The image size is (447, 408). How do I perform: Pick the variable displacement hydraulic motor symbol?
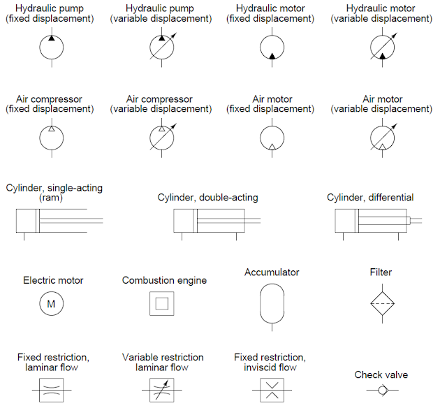click(x=382, y=48)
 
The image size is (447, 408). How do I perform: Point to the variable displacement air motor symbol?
click(x=382, y=137)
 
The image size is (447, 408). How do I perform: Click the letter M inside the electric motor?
click(x=50, y=304)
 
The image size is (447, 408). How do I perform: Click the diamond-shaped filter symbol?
click(x=382, y=303)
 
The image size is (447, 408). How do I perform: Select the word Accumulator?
click(x=272, y=272)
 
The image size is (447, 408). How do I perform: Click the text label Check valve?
click(x=381, y=375)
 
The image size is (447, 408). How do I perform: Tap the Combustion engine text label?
click(x=164, y=280)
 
